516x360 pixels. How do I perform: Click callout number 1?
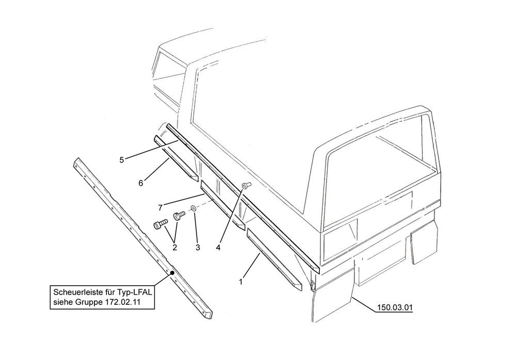(x=241, y=282)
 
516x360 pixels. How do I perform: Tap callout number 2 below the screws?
(x=175, y=247)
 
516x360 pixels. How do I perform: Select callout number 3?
(x=198, y=247)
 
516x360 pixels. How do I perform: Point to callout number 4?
(x=218, y=247)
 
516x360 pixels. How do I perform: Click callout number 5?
(x=122, y=160)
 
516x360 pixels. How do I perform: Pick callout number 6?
(x=141, y=183)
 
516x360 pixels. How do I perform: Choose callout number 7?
(x=160, y=208)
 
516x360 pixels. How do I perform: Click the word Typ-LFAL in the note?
(x=137, y=292)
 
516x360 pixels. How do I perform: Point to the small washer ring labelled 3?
(x=194, y=208)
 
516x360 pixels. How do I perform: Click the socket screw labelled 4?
(x=247, y=186)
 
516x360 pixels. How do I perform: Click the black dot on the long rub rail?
(x=172, y=273)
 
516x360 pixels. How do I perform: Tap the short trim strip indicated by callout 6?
(x=176, y=158)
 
